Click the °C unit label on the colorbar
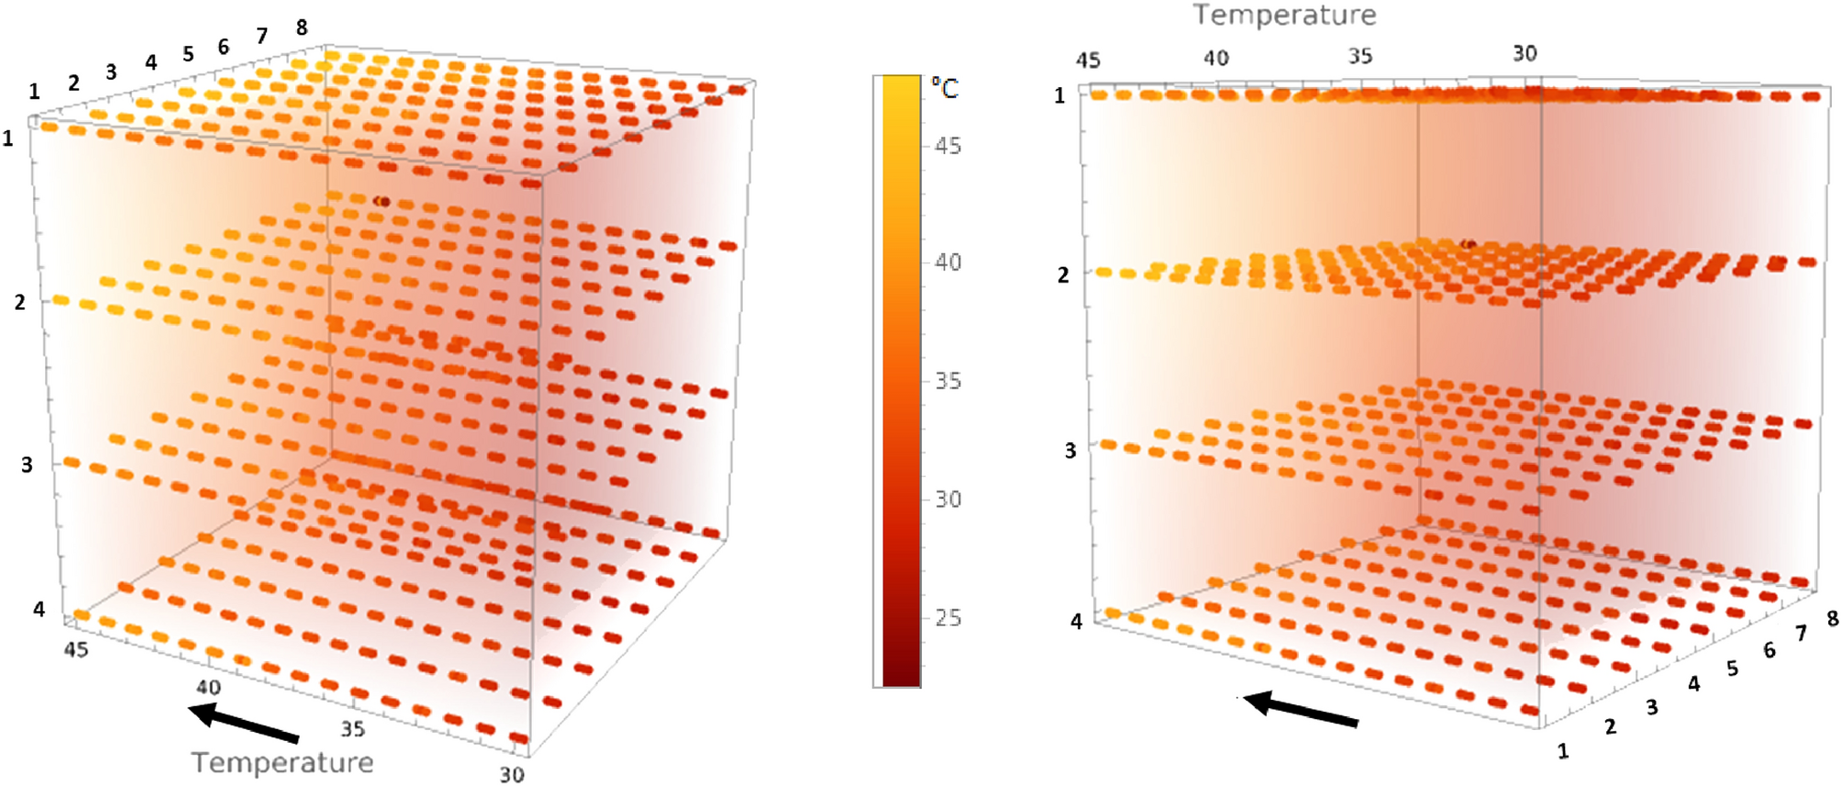[945, 88]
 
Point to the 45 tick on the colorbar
[948, 146]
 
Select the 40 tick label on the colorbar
[948, 262]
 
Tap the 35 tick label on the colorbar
[948, 381]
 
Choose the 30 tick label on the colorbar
[948, 499]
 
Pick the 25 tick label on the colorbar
[948, 617]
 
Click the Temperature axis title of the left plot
[283, 762]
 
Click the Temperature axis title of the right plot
[1284, 15]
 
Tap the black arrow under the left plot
[243, 722]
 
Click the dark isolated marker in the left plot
[383, 201]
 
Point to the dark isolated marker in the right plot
[1468, 244]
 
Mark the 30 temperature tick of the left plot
[512, 774]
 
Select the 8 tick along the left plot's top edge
[302, 28]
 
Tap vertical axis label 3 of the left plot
[27, 465]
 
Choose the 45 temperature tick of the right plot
[1088, 61]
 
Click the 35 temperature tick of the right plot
[1360, 56]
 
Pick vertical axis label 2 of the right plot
[1063, 275]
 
